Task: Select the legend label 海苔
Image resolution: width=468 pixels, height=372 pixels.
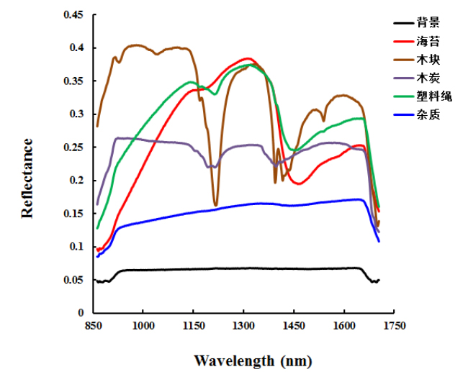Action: pyautogui.click(x=427, y=40)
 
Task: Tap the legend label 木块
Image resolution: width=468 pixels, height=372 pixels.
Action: pyautogui.click(x=427, y=59)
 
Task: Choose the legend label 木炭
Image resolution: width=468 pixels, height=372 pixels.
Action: pyautogui.click(x=427, y=77)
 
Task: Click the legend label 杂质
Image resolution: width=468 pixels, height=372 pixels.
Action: pyautogui.click(x=427, y=114)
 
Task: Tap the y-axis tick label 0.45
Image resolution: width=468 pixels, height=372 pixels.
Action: pyautogui.click(x=73, y=15)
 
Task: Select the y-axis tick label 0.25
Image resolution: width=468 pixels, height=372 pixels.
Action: pyautogui.click(x=73, y=148)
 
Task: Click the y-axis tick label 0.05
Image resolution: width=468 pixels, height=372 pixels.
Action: pyautogui.click(x=73, y=280)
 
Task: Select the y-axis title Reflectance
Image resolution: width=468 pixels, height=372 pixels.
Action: pyautogui.click(x=27, y=178)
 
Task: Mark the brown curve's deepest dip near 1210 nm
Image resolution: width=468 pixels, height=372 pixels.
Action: pyautogui.click(x=215, y=205)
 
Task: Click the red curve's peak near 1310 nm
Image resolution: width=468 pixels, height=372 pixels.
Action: pyautogui.click(x=247, y=58)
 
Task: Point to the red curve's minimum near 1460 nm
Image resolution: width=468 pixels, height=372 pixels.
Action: pyautogui.click(x=297, y=183)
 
